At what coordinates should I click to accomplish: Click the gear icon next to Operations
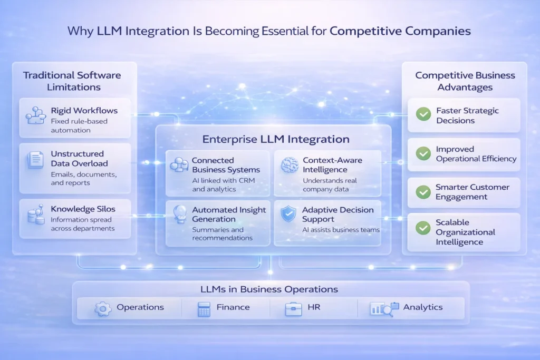[103, 308]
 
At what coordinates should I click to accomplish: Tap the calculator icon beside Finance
[204, 308]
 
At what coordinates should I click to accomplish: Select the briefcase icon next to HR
[293, 308]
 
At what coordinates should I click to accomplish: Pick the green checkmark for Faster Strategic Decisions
[423, 114]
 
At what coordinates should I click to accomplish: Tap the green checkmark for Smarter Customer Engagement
[423, 192]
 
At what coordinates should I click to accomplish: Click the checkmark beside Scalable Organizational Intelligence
[423, 228]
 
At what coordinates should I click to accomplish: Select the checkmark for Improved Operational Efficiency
[423, 153]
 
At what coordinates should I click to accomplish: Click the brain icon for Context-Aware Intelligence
[290, 164]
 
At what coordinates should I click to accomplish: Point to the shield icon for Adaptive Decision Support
[288, 214]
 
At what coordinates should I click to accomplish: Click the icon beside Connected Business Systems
[179, 165]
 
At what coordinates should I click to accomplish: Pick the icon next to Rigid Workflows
[36, 115]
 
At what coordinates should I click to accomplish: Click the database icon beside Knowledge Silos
[36, 214]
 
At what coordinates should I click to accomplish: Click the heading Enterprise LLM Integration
[276, 140]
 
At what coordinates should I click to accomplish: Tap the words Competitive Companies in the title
[400, 32]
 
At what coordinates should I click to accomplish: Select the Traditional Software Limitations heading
[72, 81]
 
